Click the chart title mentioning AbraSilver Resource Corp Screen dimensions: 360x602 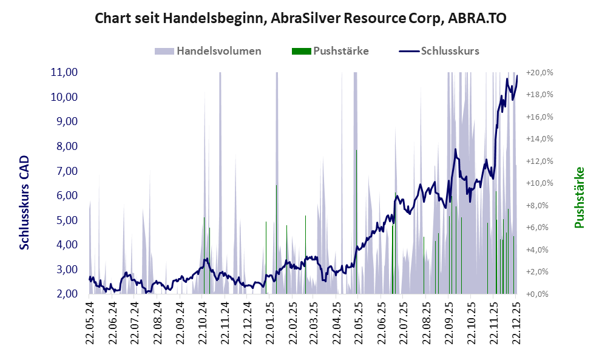coord(301,19)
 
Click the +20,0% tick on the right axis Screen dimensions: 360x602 coord(539,72)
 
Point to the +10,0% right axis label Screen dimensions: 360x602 coord(539,183)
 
